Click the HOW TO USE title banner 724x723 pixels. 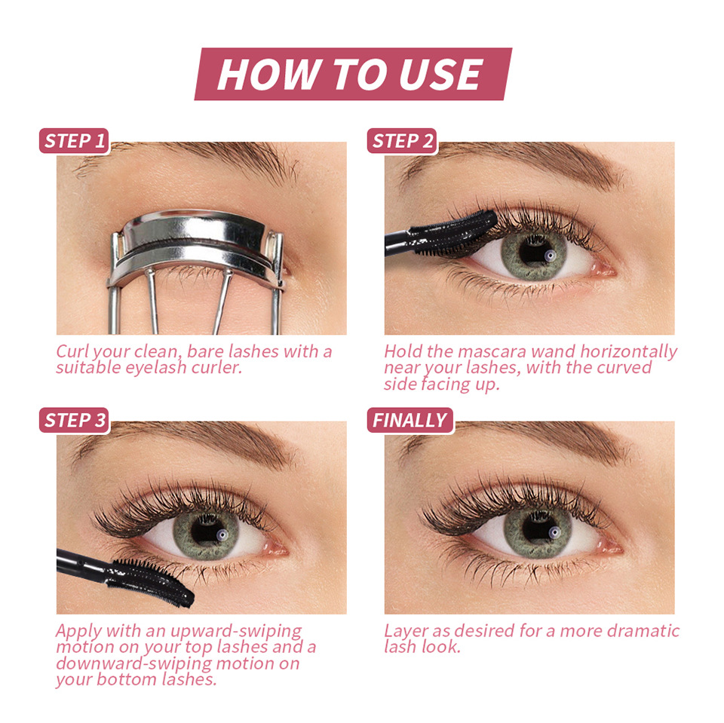(x=353, y=74)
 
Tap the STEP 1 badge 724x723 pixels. (x=75, y=141)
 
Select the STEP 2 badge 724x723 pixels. (x=402, y=141)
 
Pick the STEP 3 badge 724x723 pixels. (x=75, y=420)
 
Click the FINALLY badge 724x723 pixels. (x=410, y=420)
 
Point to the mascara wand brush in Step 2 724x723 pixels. (x=455, y=232)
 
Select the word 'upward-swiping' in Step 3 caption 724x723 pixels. (x=236, y=632)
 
